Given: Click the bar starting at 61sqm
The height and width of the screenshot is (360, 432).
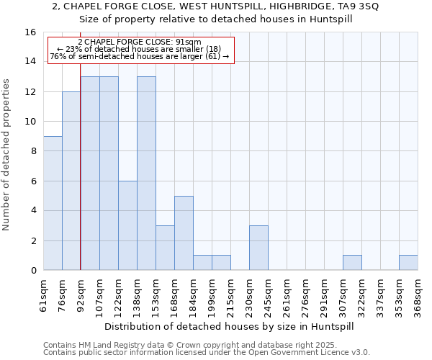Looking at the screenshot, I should tap(53, 203).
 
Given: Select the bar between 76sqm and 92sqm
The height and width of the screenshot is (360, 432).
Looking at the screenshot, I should tap(71, 181).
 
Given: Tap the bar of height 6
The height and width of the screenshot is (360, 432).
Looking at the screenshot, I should tap(127, 225).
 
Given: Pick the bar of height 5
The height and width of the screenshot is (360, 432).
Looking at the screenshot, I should tap(184, 233).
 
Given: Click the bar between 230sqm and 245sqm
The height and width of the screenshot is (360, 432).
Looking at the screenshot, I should tap(258, 248).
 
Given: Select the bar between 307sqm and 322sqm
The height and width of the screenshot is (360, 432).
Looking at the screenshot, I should tap(352, 263).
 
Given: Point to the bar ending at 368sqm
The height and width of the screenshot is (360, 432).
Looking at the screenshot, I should tap(408, 263).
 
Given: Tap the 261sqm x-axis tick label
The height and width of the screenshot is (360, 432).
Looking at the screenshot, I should tap(287, 294).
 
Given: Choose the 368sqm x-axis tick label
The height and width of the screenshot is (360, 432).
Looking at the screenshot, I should tap(418, 294).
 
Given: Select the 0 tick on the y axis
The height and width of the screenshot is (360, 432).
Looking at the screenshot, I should tap(33, 271).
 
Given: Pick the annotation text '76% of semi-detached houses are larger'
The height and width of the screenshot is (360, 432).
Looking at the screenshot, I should tap(140, 56).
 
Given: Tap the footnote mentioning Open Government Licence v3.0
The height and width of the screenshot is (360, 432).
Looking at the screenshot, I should tap(207, 353).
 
